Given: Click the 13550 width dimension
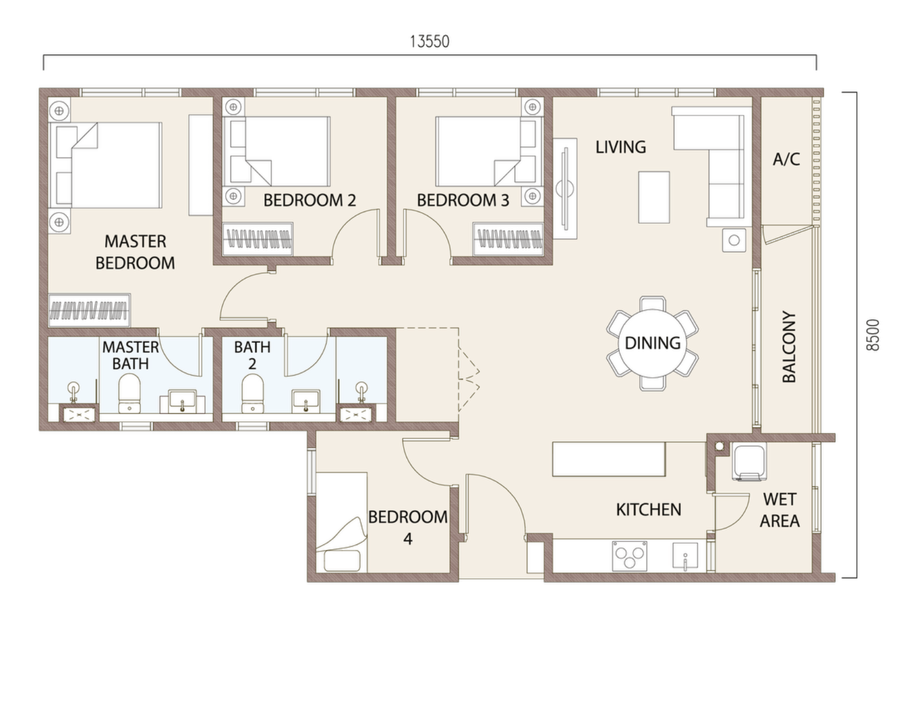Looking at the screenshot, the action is [430, 41].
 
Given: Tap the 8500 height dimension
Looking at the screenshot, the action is [873, 335].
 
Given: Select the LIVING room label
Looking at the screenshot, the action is [620, 147].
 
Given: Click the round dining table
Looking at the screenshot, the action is [652, 343].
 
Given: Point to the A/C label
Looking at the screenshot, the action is [786, 159].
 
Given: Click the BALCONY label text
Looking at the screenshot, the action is [789, 347].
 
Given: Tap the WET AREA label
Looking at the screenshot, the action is [779, 510].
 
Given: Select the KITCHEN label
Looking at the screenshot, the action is [648, 509].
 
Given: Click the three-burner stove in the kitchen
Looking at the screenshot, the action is [629, 556].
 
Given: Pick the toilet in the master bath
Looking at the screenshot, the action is [129, 394].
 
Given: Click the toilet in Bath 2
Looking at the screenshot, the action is [252, 394].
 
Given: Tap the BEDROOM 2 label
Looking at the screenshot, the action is [309, 200].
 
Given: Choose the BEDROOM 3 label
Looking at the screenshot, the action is [463, 200].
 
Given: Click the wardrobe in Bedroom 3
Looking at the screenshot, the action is [508, 239].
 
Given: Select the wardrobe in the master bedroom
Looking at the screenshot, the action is [89, 310].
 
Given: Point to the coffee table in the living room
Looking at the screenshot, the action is [654, 197].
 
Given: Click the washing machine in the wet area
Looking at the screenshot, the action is [750, 461].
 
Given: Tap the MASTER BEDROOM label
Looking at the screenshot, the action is [135, 252].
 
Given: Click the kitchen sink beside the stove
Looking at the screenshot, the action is [685, 556].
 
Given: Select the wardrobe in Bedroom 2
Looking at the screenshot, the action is [257, 239].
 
